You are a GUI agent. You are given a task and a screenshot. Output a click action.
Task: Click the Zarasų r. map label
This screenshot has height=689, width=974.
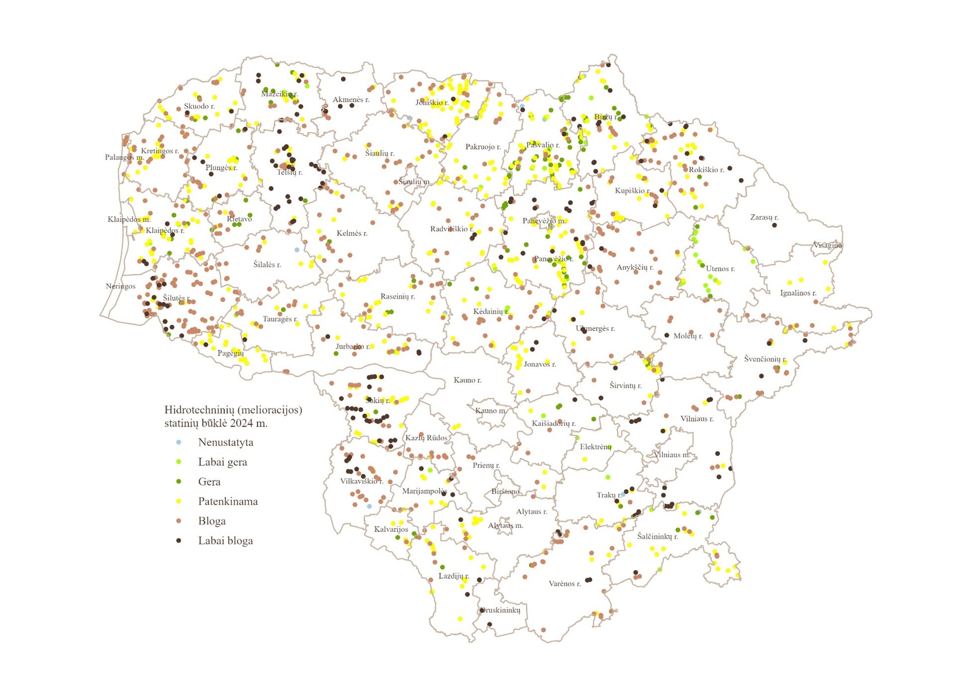click(x=764, y=217)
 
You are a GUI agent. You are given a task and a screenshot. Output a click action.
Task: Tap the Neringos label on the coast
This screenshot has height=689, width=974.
click(x=120, y=286)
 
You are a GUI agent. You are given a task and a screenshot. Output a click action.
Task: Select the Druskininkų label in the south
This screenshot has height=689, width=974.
click(x=500, y=610)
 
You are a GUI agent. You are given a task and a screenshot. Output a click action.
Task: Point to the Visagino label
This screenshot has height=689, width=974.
click(x=827, y=245)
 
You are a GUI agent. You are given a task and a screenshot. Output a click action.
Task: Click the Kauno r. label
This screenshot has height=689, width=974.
click(x=467, y=380)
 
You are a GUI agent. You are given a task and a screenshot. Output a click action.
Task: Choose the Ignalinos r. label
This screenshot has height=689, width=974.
click(x=798, y=293)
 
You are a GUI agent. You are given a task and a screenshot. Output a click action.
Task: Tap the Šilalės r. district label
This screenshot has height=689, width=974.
click(x=267, y=264)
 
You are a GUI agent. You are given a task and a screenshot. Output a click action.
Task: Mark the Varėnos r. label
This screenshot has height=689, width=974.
click(x=565, y=584)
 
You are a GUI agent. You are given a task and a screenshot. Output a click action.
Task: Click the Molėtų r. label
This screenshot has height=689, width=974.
click(x=688, y=336)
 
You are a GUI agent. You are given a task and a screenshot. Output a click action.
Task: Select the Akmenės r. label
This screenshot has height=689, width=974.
click(x=351, y=99)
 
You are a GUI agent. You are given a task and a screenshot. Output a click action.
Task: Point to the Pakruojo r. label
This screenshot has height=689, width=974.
click(x=483, y=147)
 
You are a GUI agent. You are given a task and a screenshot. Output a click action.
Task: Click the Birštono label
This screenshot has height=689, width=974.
click(x=505, y=491)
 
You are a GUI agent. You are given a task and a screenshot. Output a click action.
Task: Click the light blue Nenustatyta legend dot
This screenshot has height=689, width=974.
click(x=179, y=442)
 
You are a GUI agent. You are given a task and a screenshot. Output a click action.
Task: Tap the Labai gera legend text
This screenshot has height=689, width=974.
click(x=222, y=462)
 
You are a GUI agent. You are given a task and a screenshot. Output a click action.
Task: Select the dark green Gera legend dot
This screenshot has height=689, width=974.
click(x=179, y=481)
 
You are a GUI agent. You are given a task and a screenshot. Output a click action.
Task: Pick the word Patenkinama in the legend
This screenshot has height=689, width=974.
click(x=228, y=501)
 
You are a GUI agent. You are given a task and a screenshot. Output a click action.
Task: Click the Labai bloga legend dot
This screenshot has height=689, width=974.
click(x=179, y=540)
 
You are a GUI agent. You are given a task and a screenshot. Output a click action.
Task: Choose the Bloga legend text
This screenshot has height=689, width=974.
click(x=212, y=521)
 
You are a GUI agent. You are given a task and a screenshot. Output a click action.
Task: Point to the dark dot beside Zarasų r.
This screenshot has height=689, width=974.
click(x=774, y=225)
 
